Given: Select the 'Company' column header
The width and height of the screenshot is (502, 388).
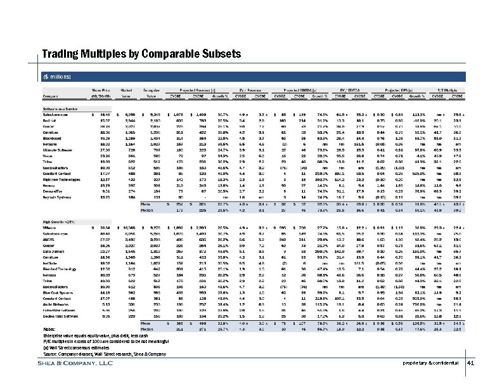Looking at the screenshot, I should tap(50, 96).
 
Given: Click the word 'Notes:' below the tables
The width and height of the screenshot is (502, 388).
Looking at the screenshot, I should tap(50, 329).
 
